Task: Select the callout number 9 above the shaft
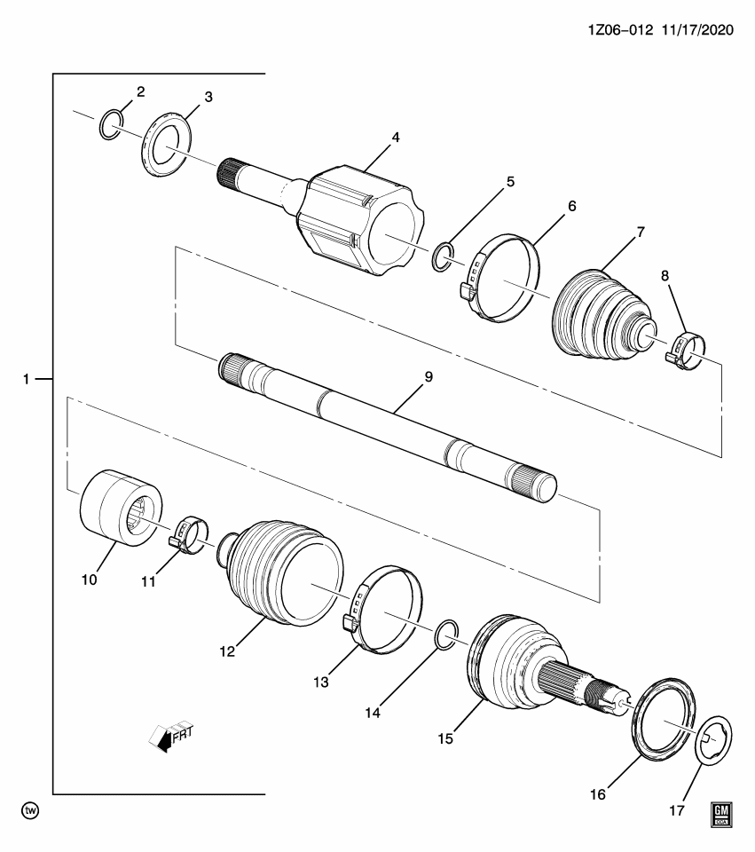(428, 377)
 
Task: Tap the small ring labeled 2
(109, 126)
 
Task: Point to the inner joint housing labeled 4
(360, 217)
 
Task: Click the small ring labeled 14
(447, 636)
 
